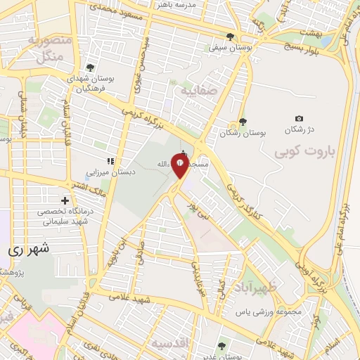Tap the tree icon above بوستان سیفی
pyautogui.click(x=230, y=37)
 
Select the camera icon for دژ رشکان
pyautogui.click(x=299, y=118)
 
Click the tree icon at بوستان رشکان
pyautogui.click(x=243, y=122)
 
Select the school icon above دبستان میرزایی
pyautogui.click(x=110, y=161)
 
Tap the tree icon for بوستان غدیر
pyautogui.click(x=222, y=345)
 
